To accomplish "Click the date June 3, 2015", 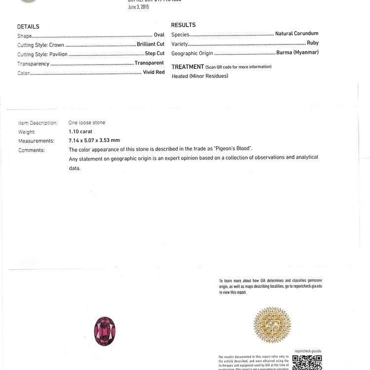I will (138, 7).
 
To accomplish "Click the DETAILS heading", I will (28, 27).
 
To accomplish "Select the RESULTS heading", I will (183, 25).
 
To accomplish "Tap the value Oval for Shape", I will (159, 35).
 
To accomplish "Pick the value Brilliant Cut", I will (150, 44).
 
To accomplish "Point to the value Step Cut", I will (154, 53).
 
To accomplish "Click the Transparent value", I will (149, 63).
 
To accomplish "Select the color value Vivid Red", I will (153, 73).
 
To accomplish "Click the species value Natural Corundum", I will (296, 34).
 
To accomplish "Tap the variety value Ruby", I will (312, 43).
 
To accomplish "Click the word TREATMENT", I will (187, 67).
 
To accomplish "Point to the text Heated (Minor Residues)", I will (200, 76).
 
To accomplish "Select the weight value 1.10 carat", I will (80, 132).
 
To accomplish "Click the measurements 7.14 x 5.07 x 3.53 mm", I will (94, 141).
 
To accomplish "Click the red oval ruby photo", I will (105, 332).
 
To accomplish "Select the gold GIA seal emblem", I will (272, 325).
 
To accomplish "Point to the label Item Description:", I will (37, 123).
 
